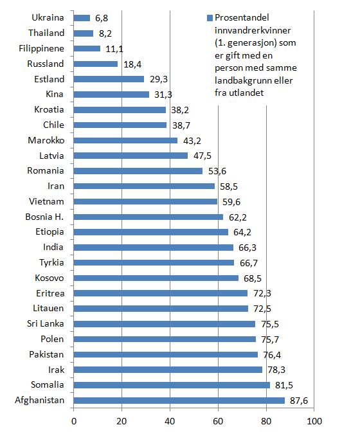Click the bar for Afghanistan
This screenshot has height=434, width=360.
click(x=179, y=400)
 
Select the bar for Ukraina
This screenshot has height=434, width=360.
click(x=82, y=17)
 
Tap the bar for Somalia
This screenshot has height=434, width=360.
click(x=172, y=384)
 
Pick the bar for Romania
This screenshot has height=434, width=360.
click(x=138, y=171)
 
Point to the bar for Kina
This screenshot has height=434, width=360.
click(x=111, y=95)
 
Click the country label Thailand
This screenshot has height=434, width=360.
click(x=46, y=33)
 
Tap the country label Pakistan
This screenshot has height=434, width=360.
click(x=46, y=354)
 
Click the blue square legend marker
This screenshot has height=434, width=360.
click(x=209, y=19)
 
